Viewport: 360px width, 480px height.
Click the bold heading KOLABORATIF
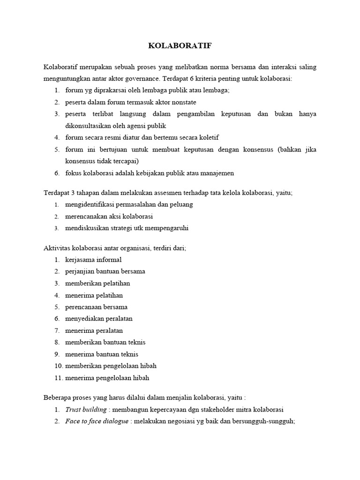tap(180, 46)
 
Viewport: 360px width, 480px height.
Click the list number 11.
tap(58, 378)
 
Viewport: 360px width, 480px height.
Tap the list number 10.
tap(58, 366)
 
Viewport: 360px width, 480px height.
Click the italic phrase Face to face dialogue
tap(96, 421)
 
